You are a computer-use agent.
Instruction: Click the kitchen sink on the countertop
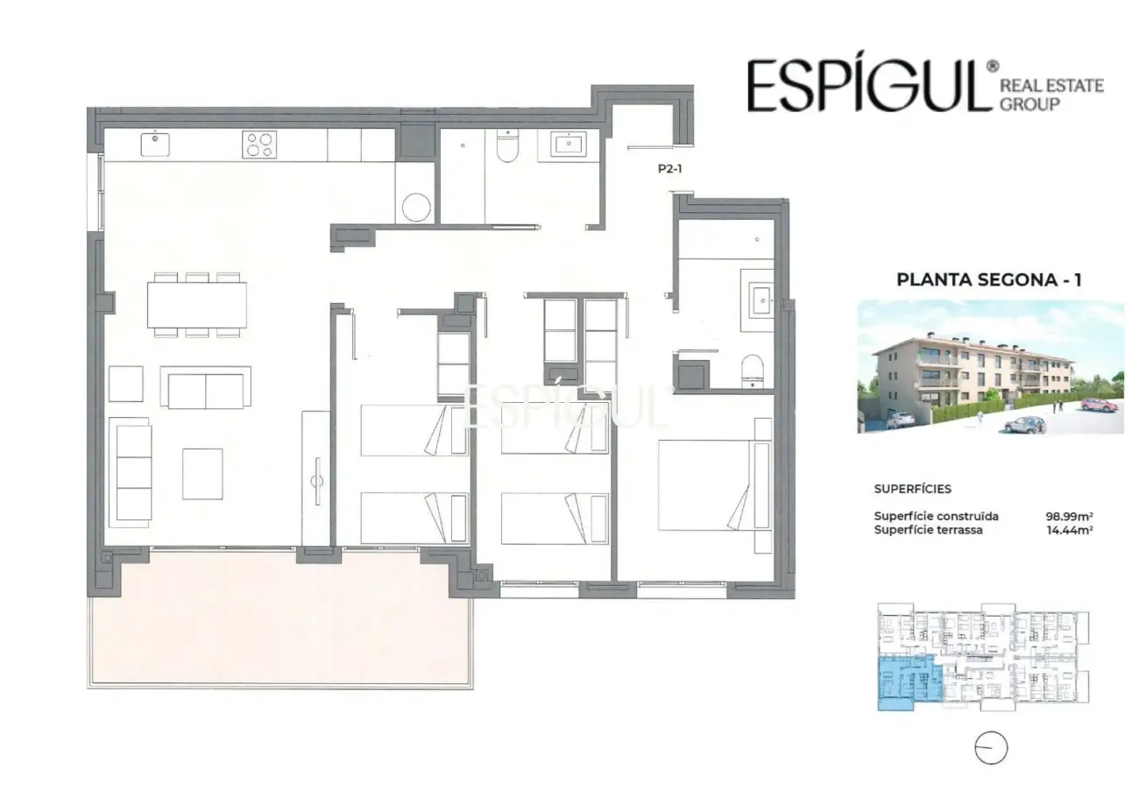pos(155,145)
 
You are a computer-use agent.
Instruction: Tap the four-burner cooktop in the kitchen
pos(259,145)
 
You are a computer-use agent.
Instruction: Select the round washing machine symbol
pos(416,208)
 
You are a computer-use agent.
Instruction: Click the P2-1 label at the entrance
pos(669,169)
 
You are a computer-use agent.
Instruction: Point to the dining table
pos(197,305)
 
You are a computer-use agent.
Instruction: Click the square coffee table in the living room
pos(202,474)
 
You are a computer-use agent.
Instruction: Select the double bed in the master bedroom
pos(714,485)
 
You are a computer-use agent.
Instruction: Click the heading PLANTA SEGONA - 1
pos(989,279)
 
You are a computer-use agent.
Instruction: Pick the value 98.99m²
pos(1069,516)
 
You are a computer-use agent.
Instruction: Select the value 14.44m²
pos(1070,531)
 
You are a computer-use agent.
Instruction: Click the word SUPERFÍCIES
pos(913,489)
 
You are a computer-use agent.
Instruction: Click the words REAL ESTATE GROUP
pos(1051,95)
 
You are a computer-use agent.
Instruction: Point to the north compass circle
pos(991,747)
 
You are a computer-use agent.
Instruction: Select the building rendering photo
pos(991,367)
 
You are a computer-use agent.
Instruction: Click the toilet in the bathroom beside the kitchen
pos(507,145)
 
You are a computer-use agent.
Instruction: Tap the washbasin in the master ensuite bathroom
pos(762,300)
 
